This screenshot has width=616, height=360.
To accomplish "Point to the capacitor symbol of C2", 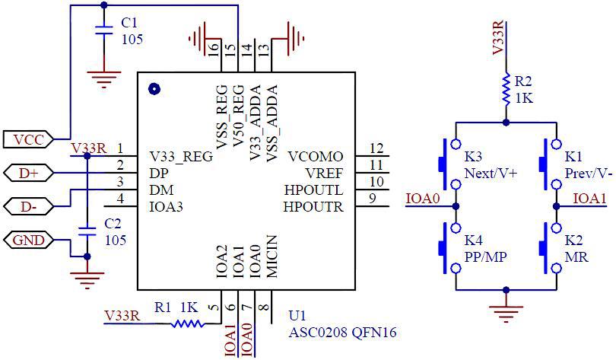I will [87, 231].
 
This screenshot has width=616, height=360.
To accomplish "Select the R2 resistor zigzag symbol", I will [505, 89].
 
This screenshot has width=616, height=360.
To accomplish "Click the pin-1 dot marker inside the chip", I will [154, 89].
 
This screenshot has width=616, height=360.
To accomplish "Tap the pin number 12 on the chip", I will [376, 148].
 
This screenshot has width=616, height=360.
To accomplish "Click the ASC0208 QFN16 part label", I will [342, 333].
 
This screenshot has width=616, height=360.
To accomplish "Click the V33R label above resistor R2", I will [499, 38].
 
